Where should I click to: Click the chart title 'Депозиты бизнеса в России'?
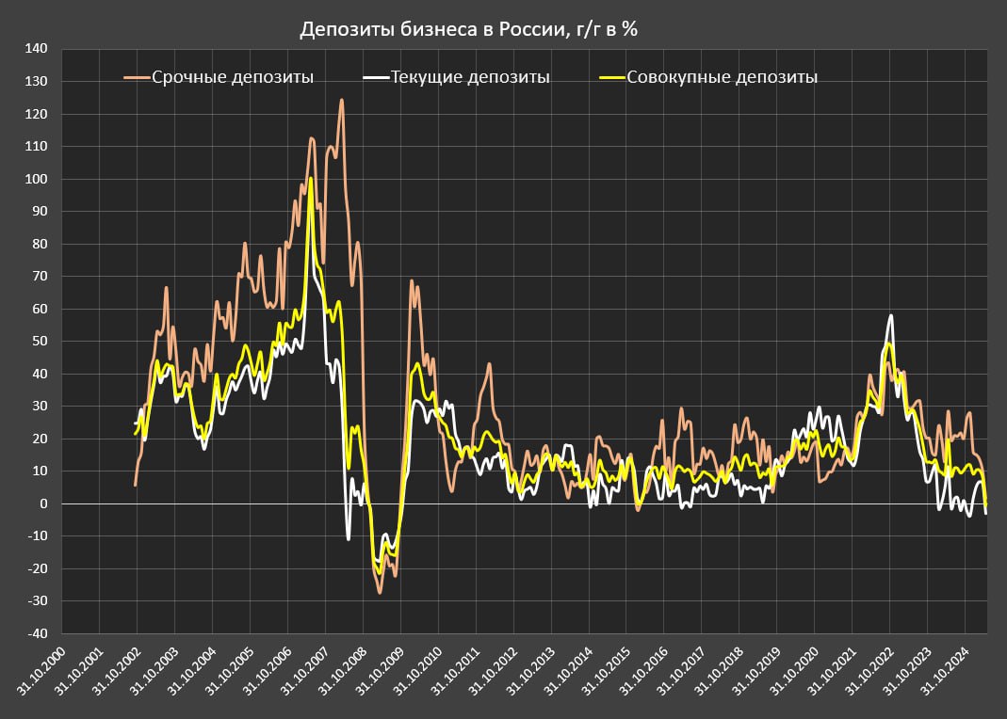tap(469, 30)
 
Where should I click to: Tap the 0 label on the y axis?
tap(42, 503)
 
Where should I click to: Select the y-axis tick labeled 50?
tap(39, 342)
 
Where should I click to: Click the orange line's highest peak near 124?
tap(341, 100)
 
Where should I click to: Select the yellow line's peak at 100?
tap(311, 179)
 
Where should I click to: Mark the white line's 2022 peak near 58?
tap(890, 316)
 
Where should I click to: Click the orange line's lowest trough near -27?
tap(381, 592)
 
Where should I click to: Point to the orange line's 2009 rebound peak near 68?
tap(412, 281)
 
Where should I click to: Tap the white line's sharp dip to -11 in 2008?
tap(348, 538)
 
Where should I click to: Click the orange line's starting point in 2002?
tap(136, 485)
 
